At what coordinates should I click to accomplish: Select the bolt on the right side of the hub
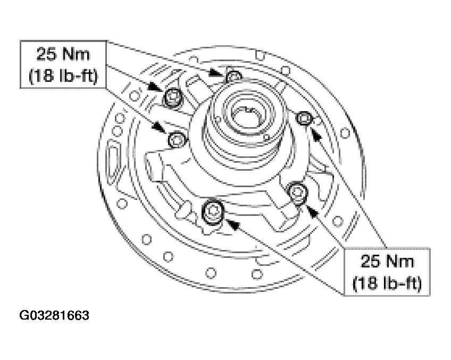click(x=304, y=118)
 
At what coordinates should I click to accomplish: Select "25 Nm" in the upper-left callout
click(x=63, y=54)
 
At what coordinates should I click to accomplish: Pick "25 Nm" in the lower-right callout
click(x=387, y=262)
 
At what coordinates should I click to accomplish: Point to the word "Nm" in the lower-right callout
click(x=400, y=262)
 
